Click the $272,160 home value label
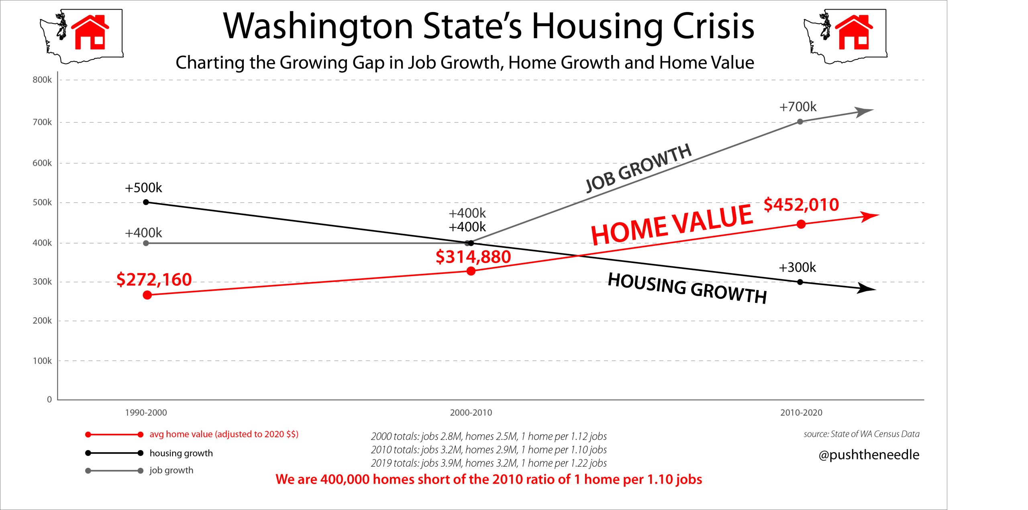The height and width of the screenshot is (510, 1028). [x=154, y=279]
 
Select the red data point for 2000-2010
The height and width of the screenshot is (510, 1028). [x=471, y=271]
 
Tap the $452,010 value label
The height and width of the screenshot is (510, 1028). [x=801, y=205]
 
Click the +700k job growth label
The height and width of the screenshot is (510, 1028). [x=798, y=107]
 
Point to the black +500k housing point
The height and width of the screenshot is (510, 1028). [x=146, y=202]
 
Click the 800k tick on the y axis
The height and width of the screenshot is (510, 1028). [x=42, y=80]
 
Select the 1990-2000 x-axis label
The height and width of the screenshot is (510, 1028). [x=146, y=412]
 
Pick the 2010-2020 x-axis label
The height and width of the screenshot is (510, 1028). [x=801, y=412]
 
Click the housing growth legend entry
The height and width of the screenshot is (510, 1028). [x=181, y=453]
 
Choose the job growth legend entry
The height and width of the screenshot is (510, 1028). [x=171, y=470]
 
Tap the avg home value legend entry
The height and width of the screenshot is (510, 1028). [x=224, y=434]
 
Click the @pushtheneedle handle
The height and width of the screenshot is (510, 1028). [x=869, y=455]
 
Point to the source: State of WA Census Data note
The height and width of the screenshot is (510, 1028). [x=861, y=434]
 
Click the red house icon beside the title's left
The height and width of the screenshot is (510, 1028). [x=90, y=33]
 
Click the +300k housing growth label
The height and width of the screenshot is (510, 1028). [x=797, y=267]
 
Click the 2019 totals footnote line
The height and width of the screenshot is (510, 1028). [x=489, y=463]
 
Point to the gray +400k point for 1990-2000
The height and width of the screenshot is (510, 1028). [x=146, y=243]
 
